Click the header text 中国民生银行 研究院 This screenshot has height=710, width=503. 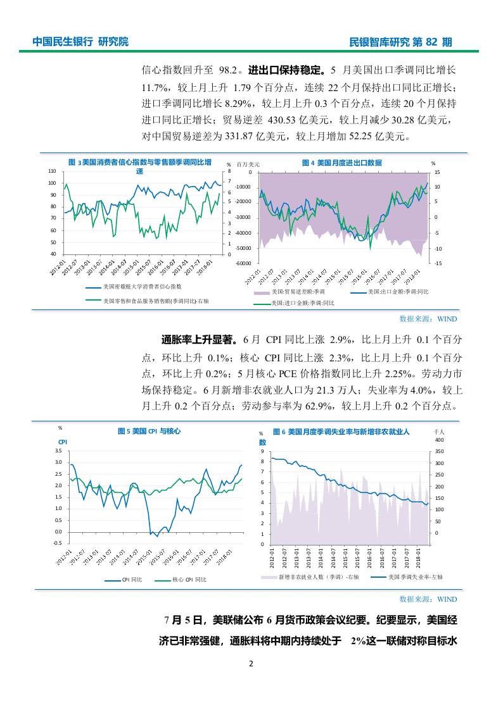[80, 42]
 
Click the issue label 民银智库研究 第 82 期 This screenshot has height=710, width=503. [401, 42]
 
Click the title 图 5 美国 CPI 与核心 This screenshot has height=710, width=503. [149, 431]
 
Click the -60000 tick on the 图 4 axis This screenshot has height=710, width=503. [243, 263]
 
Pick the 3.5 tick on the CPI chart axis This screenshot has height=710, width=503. [58, 451]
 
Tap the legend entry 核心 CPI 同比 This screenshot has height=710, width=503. [189, 580]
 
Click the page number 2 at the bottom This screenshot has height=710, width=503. [251, 664]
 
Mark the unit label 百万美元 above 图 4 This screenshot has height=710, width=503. [248, 165]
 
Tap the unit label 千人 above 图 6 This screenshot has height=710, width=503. [439, 432]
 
